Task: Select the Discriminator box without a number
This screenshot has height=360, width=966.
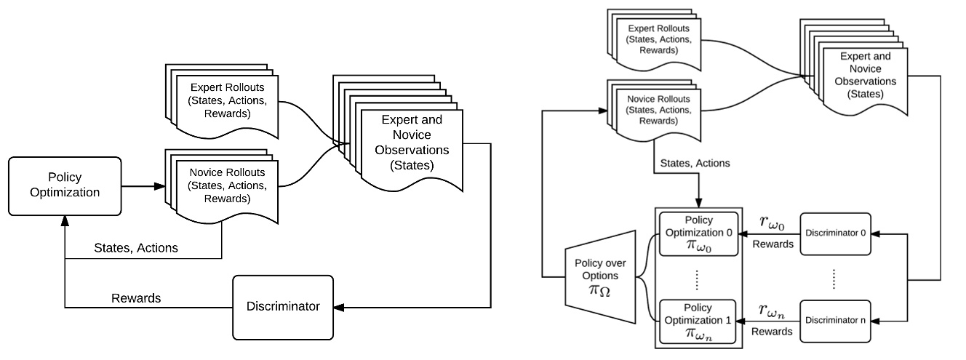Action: [282, 306]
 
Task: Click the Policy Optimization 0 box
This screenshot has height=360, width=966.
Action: [698, 233]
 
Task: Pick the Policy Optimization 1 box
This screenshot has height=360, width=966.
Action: [698, 319]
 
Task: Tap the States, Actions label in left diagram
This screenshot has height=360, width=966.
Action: [135, 248]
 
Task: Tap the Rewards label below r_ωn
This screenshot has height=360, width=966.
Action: [773, 331]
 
